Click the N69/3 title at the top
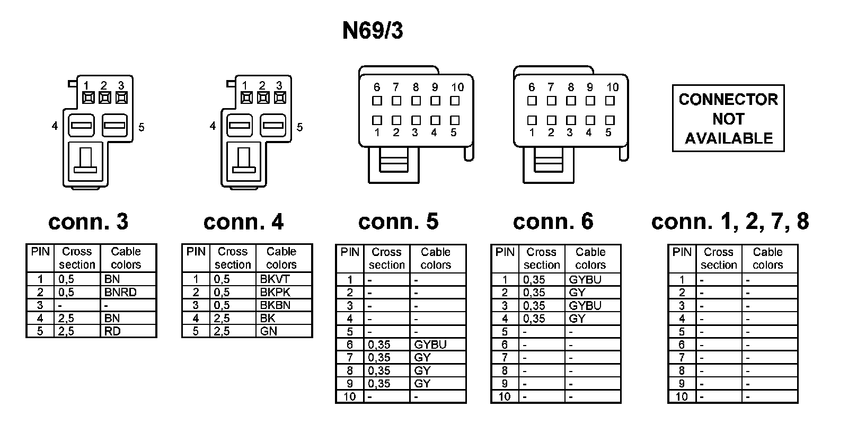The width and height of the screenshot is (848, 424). (372, 31)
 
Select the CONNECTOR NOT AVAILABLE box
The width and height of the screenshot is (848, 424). (728, 119)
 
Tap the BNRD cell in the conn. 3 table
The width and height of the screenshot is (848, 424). (120, 292)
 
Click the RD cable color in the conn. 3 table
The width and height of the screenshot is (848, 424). (112, 331)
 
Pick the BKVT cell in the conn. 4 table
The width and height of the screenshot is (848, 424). (275, 279)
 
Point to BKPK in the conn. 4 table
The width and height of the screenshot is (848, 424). (275, 292)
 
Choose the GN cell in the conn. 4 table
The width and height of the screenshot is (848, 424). (269, 331)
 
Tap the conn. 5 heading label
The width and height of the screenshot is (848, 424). (399, 222)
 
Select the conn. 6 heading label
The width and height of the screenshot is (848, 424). (553, 222)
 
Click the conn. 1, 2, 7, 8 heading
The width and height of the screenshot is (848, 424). (730, 222)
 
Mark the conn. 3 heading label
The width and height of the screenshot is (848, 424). (88, 222)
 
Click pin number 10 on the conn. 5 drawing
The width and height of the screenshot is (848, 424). (457, 87)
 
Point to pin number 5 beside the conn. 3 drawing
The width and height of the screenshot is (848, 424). (141, 127)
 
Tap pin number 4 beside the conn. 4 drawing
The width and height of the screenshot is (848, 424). (213, 126)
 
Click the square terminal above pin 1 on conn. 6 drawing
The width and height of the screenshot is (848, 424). (532, 120)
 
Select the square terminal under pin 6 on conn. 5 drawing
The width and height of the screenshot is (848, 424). (377, 100)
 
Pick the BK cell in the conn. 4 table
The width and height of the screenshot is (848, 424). (268, 318)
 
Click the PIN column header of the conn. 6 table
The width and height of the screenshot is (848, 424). (505, 252)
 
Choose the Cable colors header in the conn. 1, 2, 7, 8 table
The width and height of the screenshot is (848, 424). (767, 258)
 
